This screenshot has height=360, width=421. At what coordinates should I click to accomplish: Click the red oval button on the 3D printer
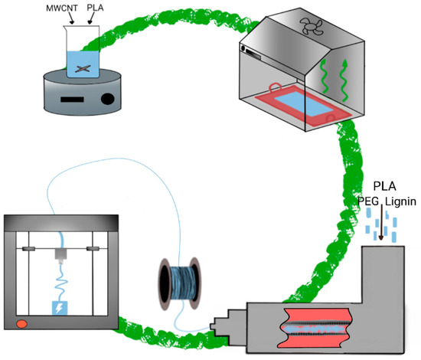coord(21,324)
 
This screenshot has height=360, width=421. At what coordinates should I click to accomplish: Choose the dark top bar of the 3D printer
coord(61,223)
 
